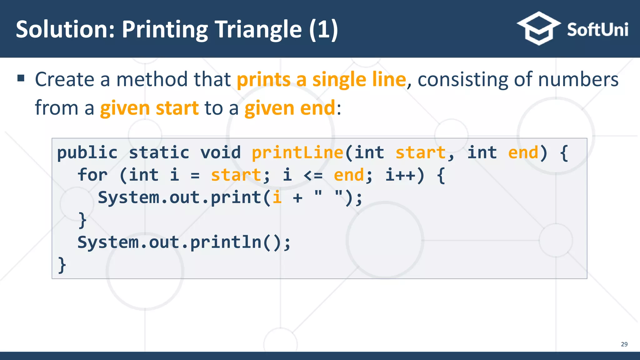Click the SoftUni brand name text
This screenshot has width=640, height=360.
(x=597, y=30)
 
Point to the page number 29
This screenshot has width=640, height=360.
(x=624, y=344)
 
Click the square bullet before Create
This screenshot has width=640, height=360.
(x=21, y=78)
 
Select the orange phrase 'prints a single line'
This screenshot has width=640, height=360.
(x=321, y=79)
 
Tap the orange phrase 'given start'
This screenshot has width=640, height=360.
(x=149, y=108)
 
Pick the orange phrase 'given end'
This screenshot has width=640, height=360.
(x=290, y=108)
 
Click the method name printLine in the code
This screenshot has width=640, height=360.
(x=297, y=153)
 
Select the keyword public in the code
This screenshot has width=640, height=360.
(x=87, y=153)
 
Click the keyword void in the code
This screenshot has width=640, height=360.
(x=221, y=153)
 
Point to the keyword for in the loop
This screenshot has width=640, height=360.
(x=92, y=175)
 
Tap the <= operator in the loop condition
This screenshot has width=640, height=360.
(x=313, y=175)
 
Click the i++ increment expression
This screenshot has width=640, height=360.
(x=401, y=175)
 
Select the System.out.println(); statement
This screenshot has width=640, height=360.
(x=184, y=242)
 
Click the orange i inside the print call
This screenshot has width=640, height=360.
(x=277, y=197)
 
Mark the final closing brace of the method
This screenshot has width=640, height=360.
(x=62, y=265)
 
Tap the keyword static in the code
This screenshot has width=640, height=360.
(x=159, y=153)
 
